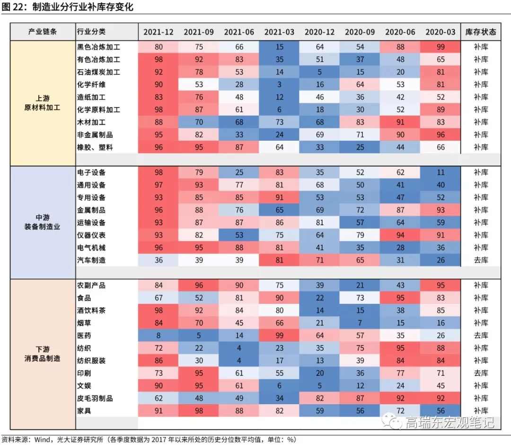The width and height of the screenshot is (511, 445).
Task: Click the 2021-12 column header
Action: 159,32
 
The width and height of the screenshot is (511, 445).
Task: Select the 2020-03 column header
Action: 441,32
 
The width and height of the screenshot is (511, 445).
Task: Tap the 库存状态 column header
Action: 481,32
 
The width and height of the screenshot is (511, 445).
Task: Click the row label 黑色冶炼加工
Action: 98,47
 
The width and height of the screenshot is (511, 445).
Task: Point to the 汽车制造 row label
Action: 91,260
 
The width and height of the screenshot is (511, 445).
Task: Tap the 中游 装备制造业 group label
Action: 42,222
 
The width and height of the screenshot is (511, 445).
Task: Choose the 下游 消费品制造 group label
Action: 42,354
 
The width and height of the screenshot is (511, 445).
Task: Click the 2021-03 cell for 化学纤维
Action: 280,84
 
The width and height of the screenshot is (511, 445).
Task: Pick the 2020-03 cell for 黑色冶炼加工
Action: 441,47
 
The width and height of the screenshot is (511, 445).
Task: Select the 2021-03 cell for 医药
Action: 280,336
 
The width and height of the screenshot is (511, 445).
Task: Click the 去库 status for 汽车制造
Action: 481,260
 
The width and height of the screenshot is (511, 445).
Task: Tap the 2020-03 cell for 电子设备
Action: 441,173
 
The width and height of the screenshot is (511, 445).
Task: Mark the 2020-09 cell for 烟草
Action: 360,323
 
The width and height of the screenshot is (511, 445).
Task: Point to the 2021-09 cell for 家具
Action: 199,411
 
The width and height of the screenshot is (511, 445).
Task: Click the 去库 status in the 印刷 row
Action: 481,373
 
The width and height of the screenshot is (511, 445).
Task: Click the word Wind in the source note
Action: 42,439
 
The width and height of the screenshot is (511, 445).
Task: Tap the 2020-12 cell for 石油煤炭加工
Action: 320,72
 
